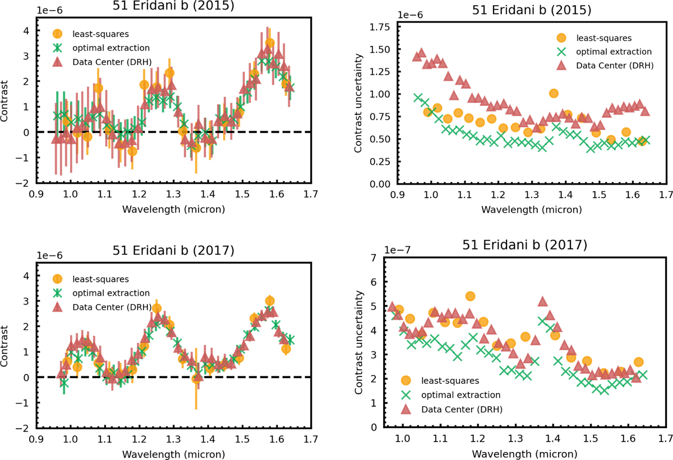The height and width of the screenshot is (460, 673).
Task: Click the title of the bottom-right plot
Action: tap(524, 245)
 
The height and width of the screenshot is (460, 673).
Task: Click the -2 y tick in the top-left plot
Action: tap(25, 183)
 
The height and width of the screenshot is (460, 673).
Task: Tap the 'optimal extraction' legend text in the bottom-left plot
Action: tap(114, 293)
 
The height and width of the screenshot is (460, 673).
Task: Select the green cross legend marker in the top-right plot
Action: tap(561, 52)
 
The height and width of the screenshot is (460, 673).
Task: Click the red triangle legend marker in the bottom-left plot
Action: tap(58, 307)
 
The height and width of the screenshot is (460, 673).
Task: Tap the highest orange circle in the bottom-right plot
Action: tap(470, 296)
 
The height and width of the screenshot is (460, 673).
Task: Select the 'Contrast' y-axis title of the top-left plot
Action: tap(8, 103)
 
